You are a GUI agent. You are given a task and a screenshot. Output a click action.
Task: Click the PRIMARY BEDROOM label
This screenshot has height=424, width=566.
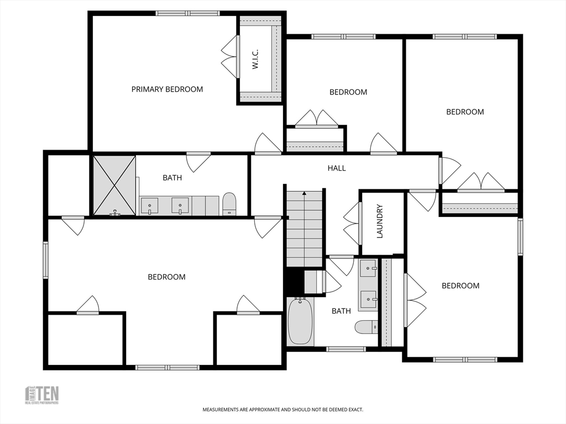[x=167, y=89]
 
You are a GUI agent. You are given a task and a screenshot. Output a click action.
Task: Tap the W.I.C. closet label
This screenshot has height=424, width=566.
[x=255, y=59]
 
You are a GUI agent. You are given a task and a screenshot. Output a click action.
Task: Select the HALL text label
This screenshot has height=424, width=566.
[x=337, y=168]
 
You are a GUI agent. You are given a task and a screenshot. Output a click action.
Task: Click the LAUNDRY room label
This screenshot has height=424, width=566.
[x=380, y=221]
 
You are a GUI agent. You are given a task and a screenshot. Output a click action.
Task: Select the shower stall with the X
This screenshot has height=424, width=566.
[x=114, y=185]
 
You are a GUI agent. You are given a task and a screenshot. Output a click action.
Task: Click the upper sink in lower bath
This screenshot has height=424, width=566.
[x=368, y=269]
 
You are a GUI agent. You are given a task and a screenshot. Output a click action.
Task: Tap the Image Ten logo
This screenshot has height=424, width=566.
[x=42, y=395]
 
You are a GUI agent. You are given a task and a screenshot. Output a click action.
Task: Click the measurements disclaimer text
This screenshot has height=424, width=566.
[x=282, y=410]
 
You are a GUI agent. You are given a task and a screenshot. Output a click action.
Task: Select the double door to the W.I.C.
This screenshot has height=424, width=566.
[x=229, y=57]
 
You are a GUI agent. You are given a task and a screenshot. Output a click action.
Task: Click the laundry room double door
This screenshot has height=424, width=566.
[x=352, y=224]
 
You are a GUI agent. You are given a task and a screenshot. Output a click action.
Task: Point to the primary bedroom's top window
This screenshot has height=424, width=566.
[x=187, y=13]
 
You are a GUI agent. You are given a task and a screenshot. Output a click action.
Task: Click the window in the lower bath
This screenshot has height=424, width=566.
[x=345, y=349]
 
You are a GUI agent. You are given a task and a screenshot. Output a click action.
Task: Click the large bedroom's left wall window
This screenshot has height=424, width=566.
[x=46, y=259]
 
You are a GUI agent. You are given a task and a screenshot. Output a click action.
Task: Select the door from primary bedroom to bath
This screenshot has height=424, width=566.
[x=198, y=161]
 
